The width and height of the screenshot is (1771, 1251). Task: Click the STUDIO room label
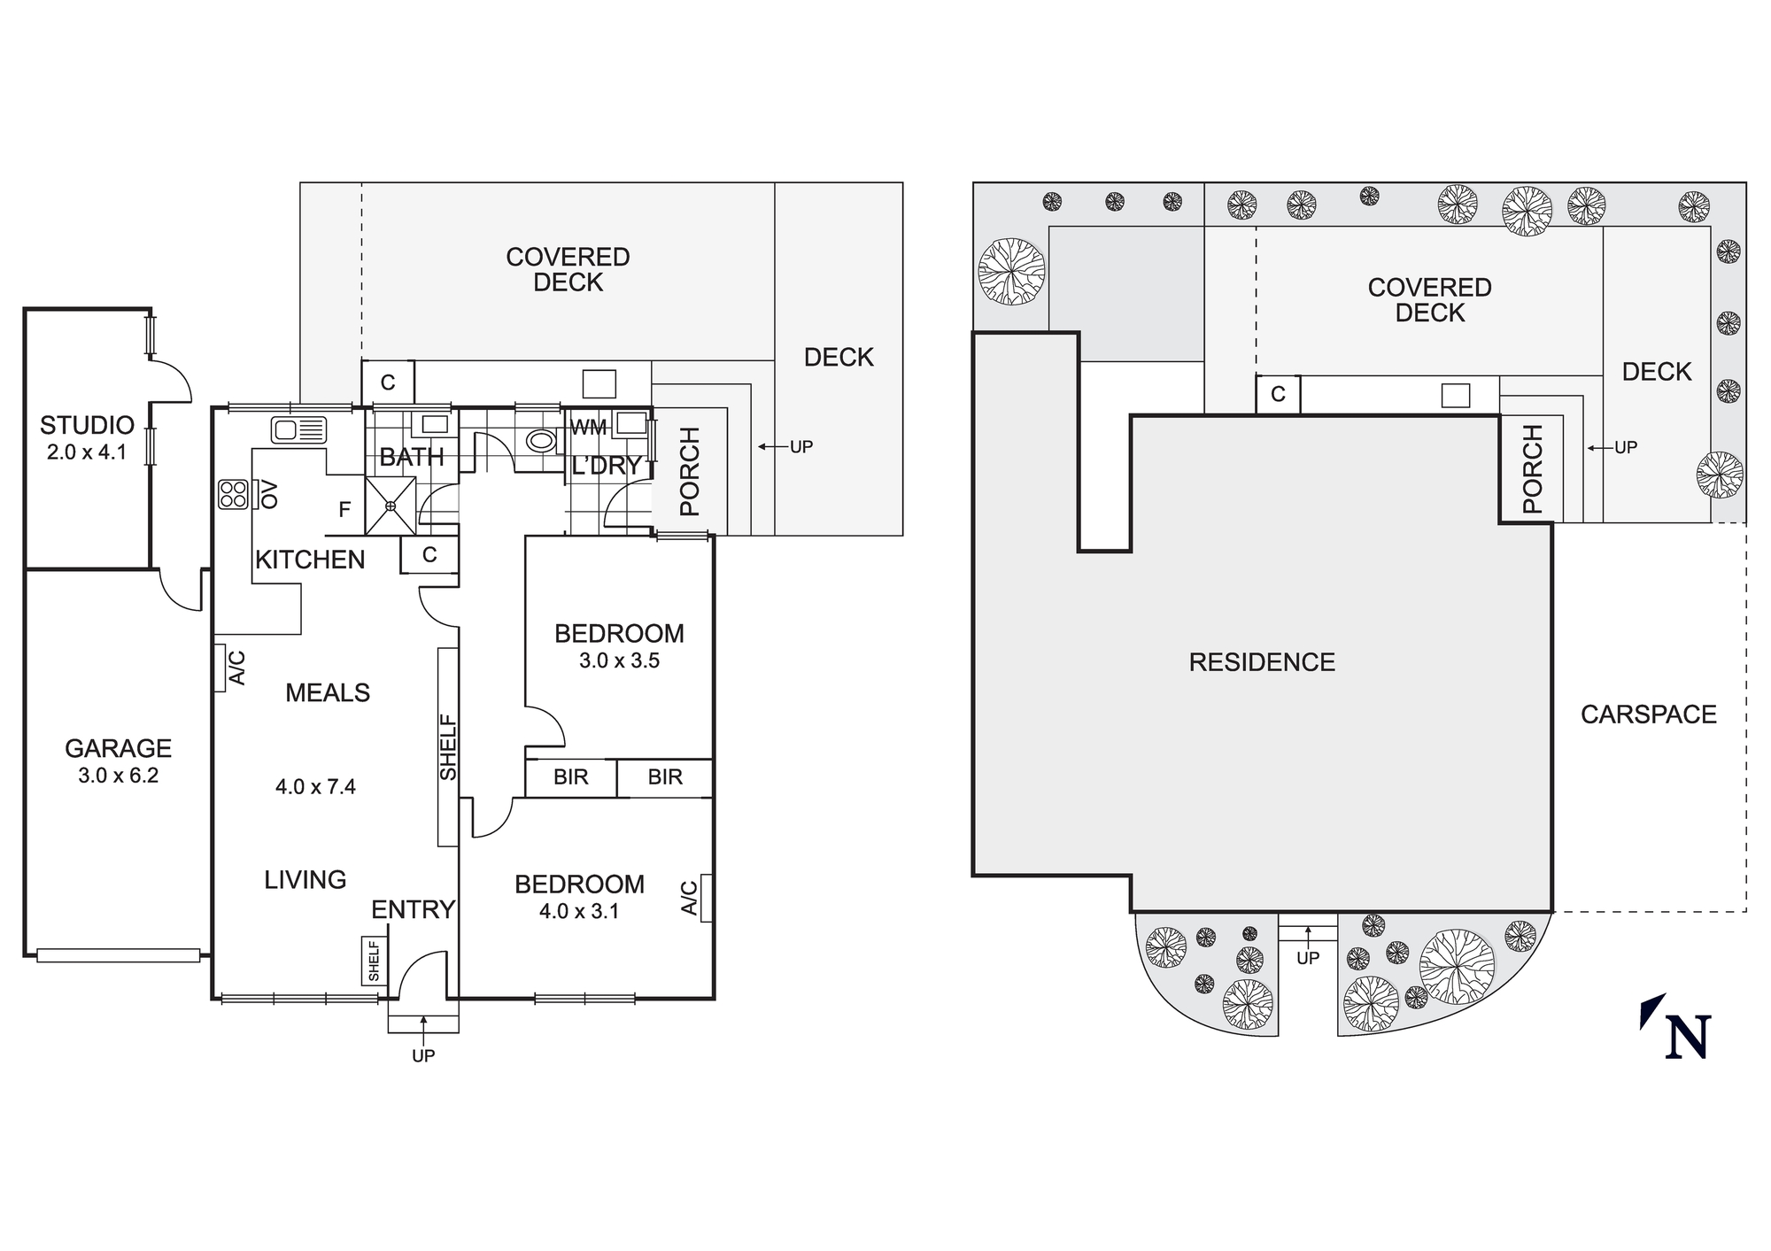(x=87, y=425)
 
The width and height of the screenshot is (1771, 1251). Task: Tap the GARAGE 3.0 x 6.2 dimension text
(x=118, y=776)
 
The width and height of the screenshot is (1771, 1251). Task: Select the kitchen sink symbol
(x=299, y=430)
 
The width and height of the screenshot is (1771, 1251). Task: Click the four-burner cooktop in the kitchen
(x=234, y=494)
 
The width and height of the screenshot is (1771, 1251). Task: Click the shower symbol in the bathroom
(x=391, y=506)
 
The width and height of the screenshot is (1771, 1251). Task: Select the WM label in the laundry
(x=589, y=428)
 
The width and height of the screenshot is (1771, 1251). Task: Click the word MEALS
(x=328, y=692)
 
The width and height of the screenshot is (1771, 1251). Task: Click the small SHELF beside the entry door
(x=374, y=961)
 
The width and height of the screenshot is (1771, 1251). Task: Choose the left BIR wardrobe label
(x=571, y=777)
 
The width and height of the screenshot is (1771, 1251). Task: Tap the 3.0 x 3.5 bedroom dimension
(x=620, y=660)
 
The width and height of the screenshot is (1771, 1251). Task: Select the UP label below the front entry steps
(x=423, y=1055)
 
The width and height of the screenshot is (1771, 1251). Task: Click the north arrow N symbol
(x=1678, y=1029)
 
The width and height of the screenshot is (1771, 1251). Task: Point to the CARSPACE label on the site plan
(x=1649, y=714)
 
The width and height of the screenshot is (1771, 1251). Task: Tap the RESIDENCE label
(x=1262, y=662)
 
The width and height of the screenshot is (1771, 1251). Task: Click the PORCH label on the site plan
(x=1533, y=469)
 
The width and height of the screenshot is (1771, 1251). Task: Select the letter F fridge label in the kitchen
(x=345, y=509)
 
